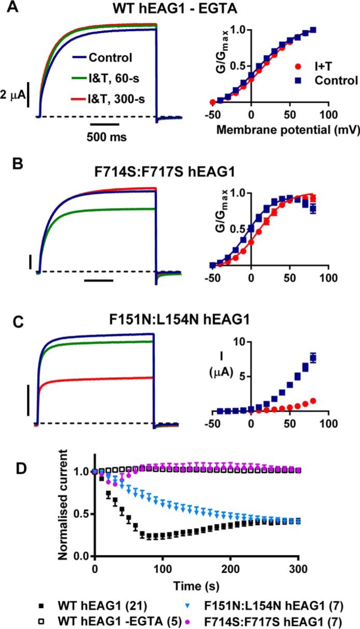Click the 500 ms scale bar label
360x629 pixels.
[105, 138]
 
